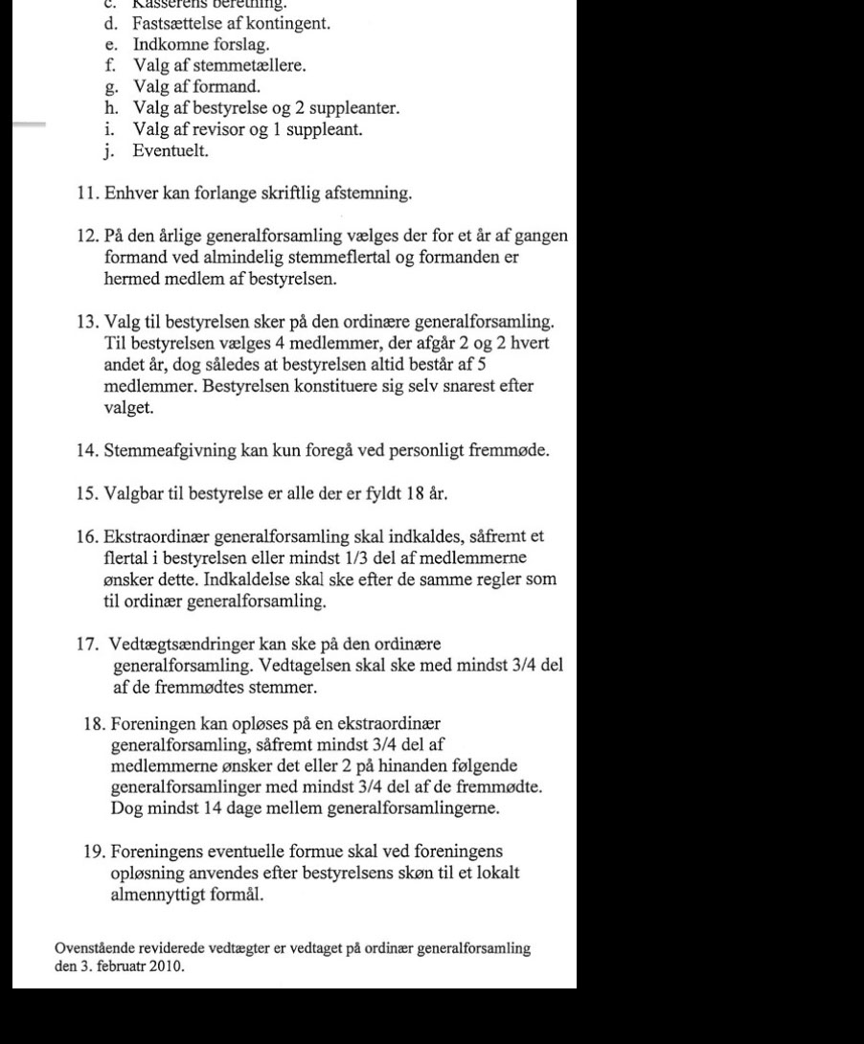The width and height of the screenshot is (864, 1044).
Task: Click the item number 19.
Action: pos(96,851)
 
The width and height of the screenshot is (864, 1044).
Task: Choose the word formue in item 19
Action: pos(321,851)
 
